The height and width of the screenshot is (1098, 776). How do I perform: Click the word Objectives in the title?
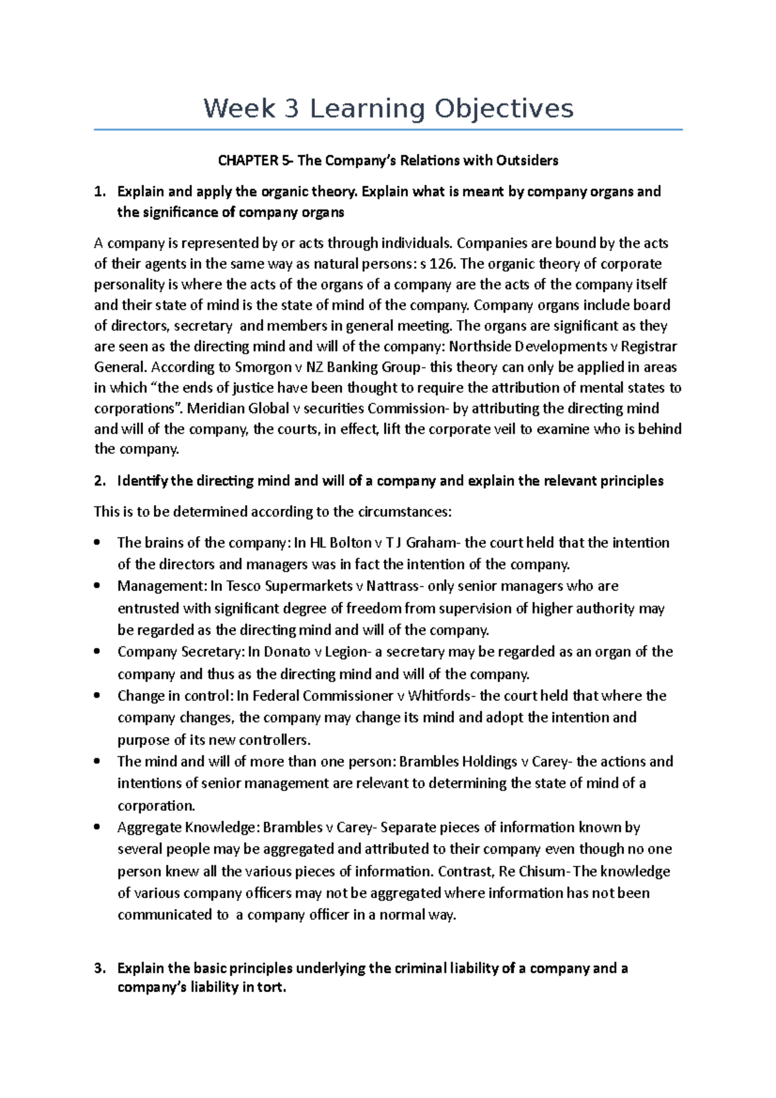[x=503, y=109]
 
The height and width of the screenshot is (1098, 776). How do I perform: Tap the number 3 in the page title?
[x=291, y=109]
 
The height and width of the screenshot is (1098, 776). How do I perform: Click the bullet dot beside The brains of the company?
[x=97, y=543]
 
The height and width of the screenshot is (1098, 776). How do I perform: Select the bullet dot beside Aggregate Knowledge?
[x=97, y=827]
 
